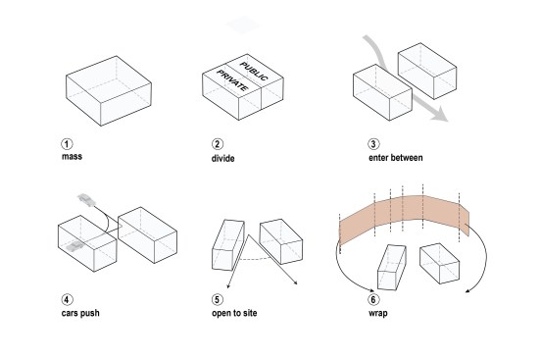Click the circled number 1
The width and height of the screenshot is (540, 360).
(68, 144)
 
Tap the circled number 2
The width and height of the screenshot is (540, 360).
(217, 144)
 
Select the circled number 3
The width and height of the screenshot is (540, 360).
(373, 143)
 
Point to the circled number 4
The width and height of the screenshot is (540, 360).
(68, 299)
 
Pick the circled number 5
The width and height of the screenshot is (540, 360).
(217, 299)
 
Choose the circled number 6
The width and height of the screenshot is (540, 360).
(373, 299)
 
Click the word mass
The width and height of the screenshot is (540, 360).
(72, 157)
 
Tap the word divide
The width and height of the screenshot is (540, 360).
(222, 158)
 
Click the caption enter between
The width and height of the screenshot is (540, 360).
(396, 158)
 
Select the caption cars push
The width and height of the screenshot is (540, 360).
(80, 313)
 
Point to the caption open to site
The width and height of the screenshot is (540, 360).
(234, 313)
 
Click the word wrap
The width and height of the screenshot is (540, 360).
(378, 314)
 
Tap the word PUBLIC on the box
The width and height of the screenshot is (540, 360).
(254, 71)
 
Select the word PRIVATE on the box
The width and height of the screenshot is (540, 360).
(232, 80)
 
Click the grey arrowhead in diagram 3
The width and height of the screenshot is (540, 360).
(439, 115)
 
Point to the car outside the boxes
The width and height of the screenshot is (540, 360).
(86, 199)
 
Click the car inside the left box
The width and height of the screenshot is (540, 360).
(75, 245)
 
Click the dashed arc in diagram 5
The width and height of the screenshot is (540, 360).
(254, 258)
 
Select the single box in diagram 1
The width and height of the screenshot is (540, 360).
(109, 91)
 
